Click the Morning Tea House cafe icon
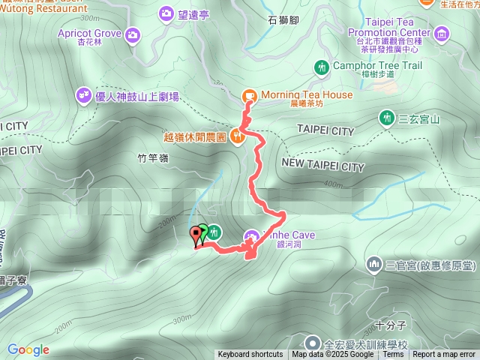point(248,95)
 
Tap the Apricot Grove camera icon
point(133,34)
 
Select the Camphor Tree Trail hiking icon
point(322,67)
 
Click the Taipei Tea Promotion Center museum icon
point(441,34)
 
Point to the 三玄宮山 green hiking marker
point(387,118)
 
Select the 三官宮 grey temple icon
point(374,264)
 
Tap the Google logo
point(28,349)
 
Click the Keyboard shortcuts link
point(250,355)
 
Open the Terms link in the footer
point(393,355)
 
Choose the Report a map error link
point(445,355)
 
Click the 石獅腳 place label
point(283,21)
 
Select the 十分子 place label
point(391,325)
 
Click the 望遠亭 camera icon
point(166,13)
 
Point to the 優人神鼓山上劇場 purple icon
point(82,95)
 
